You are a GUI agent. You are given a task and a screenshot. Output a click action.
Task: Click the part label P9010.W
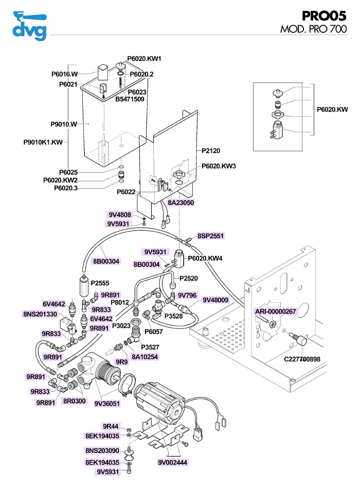64,124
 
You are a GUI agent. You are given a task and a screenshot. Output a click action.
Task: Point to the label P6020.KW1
145,59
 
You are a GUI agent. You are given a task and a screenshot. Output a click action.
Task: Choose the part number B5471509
130,99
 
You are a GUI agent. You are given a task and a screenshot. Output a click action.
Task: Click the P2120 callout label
211,151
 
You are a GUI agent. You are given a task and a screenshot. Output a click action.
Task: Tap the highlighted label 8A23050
181,203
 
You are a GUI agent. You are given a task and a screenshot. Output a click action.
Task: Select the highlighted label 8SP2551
211,236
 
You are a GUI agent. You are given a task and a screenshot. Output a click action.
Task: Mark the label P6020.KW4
205,258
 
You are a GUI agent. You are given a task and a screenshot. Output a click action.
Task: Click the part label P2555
100,283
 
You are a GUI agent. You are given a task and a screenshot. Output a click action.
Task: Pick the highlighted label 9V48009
215,300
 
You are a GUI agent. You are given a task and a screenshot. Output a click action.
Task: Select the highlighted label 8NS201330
40,314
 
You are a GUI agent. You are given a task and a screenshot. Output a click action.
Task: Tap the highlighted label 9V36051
107,403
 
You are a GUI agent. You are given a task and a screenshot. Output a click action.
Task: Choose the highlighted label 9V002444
173,462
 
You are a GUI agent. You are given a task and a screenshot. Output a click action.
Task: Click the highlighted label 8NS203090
102,451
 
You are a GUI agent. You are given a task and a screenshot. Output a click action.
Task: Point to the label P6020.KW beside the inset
332,109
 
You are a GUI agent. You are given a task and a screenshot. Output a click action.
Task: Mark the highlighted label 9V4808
119,214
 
